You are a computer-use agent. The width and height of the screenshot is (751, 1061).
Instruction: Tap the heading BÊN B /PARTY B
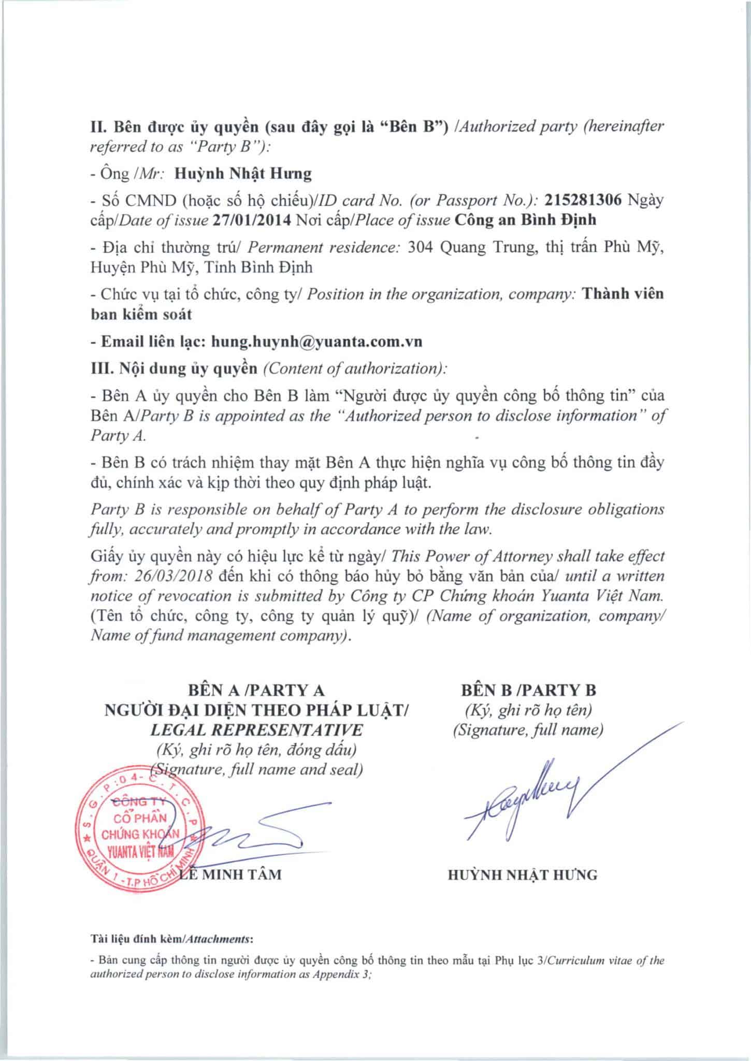tap(528, 690)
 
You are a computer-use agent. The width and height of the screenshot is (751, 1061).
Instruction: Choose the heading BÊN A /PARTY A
tap(256, 690)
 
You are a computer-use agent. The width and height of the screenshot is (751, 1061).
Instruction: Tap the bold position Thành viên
tap(623, 294)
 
